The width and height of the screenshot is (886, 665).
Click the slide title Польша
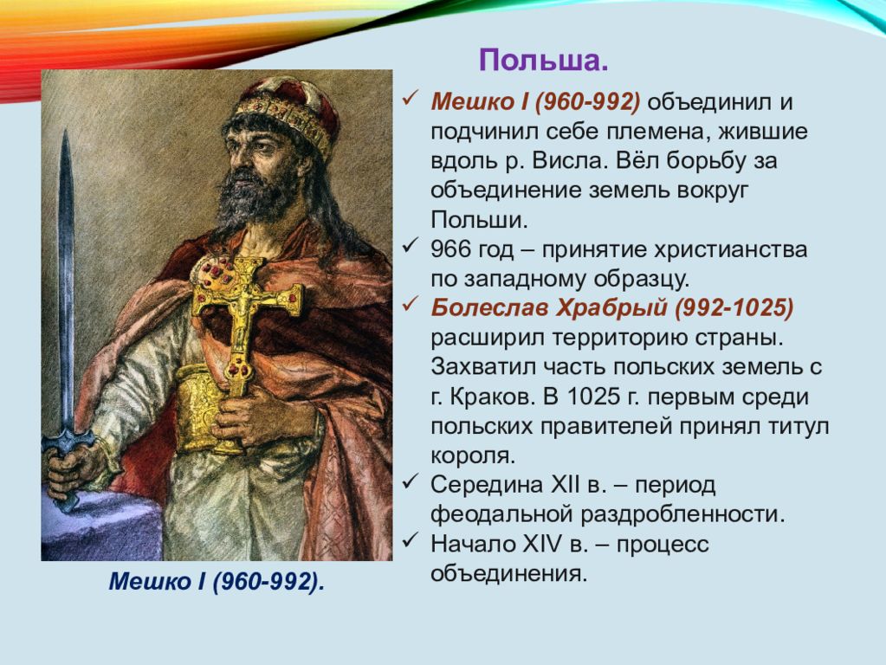[544, 61]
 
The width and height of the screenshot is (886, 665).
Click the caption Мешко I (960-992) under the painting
[217, 582]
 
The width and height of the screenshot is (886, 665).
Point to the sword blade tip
[66, 131]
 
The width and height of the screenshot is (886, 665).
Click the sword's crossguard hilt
[67, 439]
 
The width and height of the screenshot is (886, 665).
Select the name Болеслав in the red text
[489, 308]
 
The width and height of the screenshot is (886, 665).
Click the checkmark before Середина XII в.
[410, 482]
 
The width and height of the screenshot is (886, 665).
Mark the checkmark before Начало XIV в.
[410, 540]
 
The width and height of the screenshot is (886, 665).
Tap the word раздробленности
[683, 515]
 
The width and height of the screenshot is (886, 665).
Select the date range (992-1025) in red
[734, 308]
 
